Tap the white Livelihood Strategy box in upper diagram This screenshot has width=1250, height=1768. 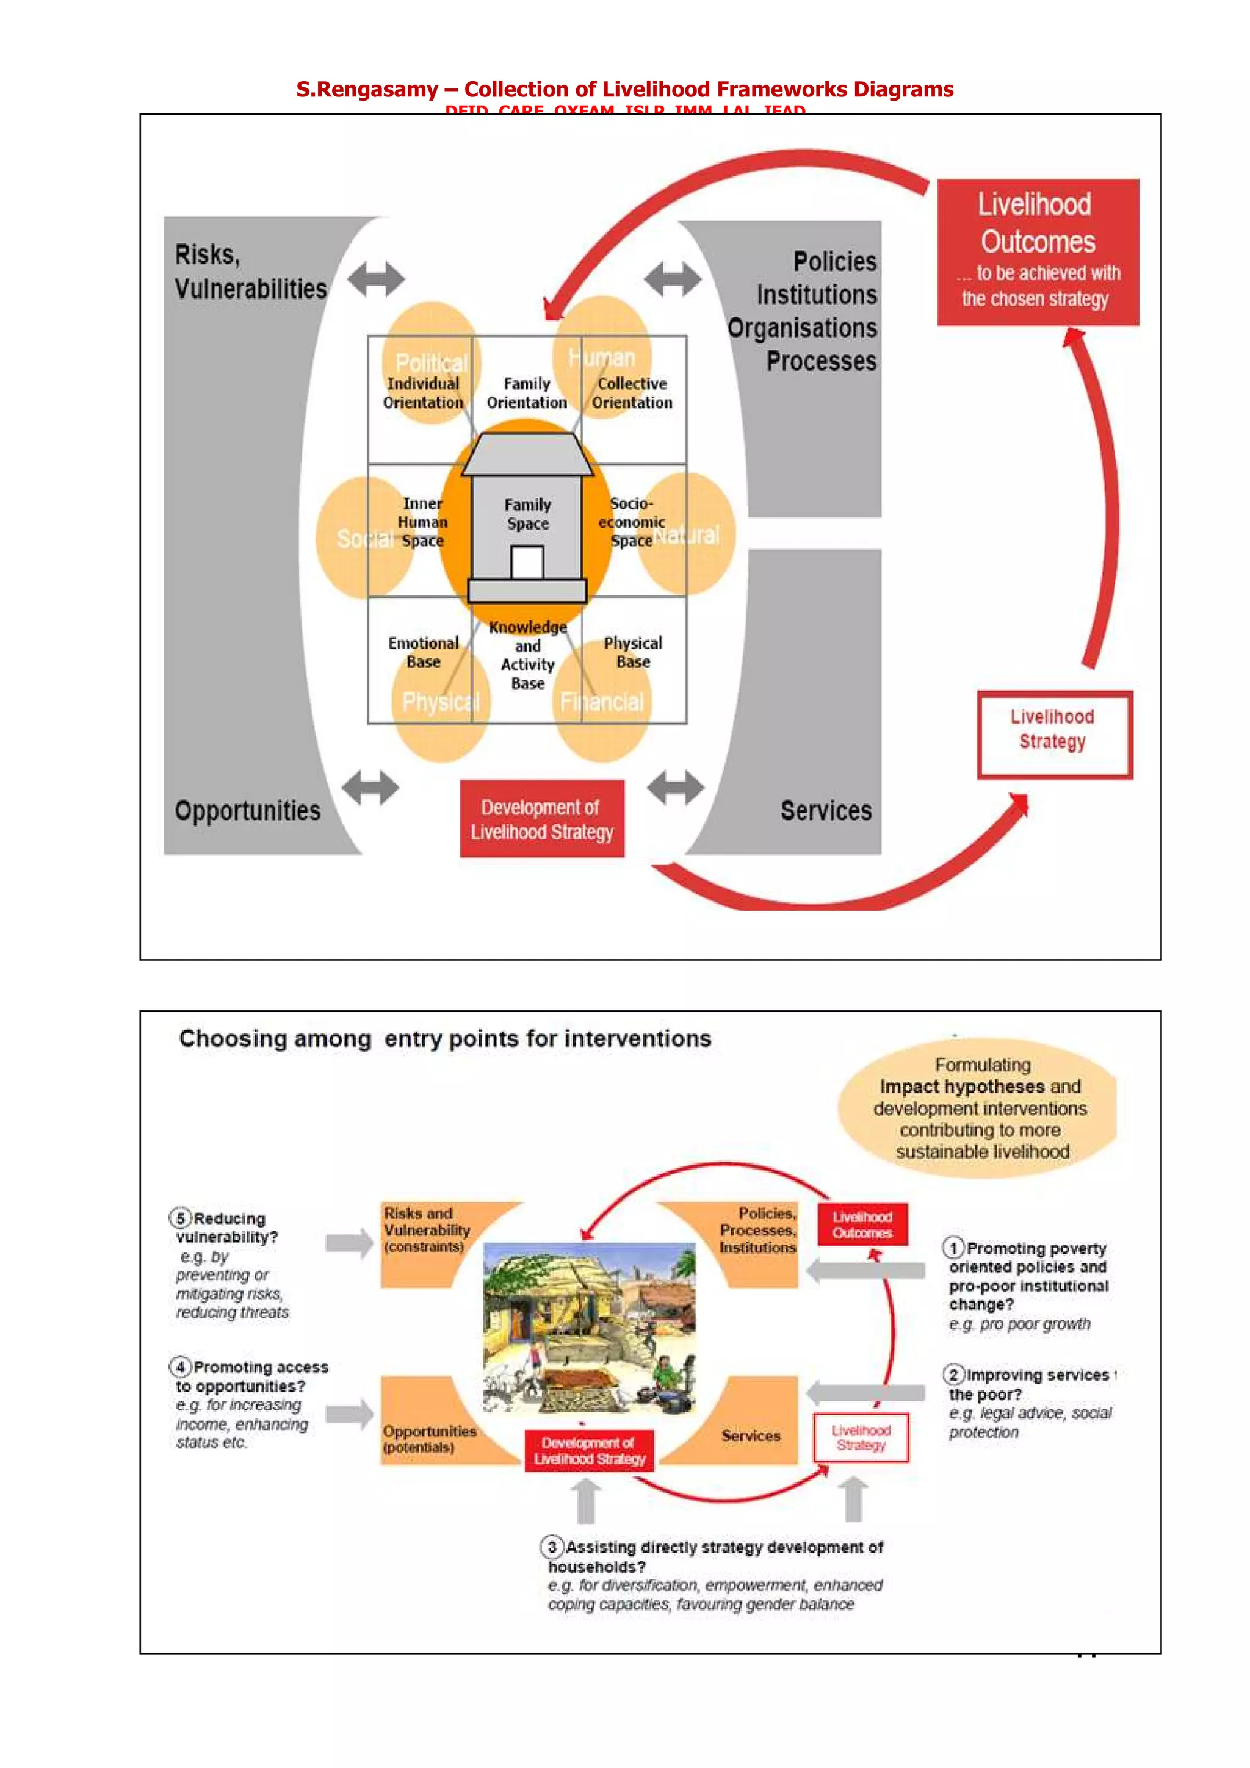tap(1053, 734)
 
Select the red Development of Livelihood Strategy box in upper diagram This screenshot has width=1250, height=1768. tap(541, 819)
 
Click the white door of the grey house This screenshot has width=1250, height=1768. tap(527, 562)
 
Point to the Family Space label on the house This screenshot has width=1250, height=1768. tap(527, 514)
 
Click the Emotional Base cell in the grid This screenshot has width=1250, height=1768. tap(423, 652)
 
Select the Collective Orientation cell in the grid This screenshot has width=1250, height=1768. tap(632, 393)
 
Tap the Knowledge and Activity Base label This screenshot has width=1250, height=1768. tap(527, 655)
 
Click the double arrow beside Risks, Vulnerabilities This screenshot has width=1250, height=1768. tap(375, 279)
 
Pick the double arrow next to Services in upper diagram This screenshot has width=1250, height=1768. tap(676, 787)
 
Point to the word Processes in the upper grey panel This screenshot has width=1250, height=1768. tap(821, 361)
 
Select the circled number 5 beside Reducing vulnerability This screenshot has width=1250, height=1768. tap(180, 1218)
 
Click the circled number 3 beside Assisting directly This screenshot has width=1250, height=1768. tap(551, 1547)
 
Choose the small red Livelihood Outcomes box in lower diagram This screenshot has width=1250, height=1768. tap(862, 1224)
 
